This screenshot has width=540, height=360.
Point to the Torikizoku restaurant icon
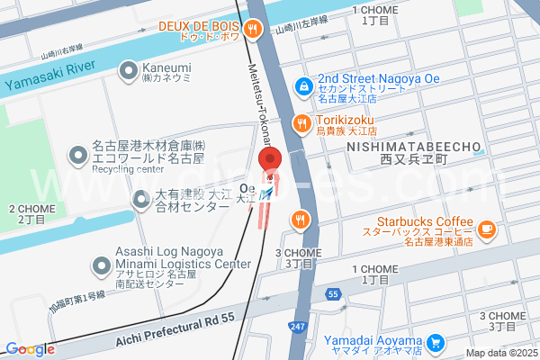tap(300, 122)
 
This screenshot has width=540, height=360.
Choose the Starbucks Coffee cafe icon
tap(487, 229)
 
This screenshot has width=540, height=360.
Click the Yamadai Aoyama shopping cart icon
tap(436, 342)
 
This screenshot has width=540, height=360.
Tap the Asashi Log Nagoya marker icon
tap(101, 265)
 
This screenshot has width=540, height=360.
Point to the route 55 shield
tap(333, 293)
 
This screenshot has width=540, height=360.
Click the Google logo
tap(31, 349)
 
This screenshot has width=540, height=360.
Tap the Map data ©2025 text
tap(500, 353)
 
